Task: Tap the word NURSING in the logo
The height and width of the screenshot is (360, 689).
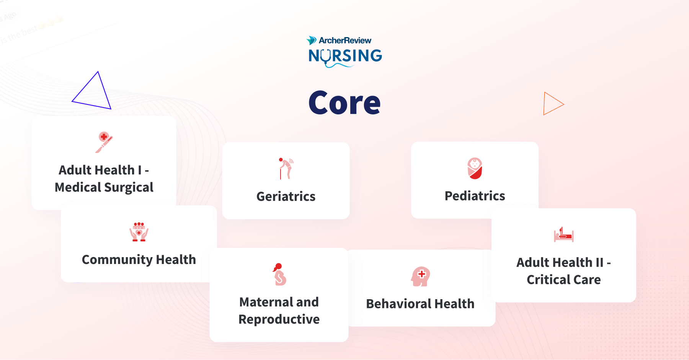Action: coord(345,56)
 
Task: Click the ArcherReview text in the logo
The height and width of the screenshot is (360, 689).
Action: coord(345,40)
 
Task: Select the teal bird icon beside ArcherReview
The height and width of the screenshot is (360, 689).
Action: coord(311,40)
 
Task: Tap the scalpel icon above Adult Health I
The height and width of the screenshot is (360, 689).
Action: coord(104,142)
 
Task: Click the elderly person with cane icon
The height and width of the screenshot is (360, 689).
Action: coord(286,168)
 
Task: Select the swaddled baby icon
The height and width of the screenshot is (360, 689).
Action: coord(475,168)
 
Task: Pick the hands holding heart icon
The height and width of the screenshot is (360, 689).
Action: coord(139,232)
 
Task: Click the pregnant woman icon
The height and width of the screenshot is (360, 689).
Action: coord(279,274)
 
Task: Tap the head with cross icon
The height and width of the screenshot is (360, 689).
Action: coord(421,276)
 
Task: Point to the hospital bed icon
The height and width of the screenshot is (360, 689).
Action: coord(563,235)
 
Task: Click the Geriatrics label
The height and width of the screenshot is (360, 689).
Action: coord(286,196)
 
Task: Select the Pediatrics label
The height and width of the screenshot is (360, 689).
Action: coord(475,196)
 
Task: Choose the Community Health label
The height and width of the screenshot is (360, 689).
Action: coord(139,259)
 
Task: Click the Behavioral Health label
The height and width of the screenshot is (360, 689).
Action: coord(420,304)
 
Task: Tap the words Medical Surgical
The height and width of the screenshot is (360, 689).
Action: coord(104,187)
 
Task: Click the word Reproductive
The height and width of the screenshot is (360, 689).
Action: coord(279,319)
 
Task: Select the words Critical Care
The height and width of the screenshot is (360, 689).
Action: coord(563,280)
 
